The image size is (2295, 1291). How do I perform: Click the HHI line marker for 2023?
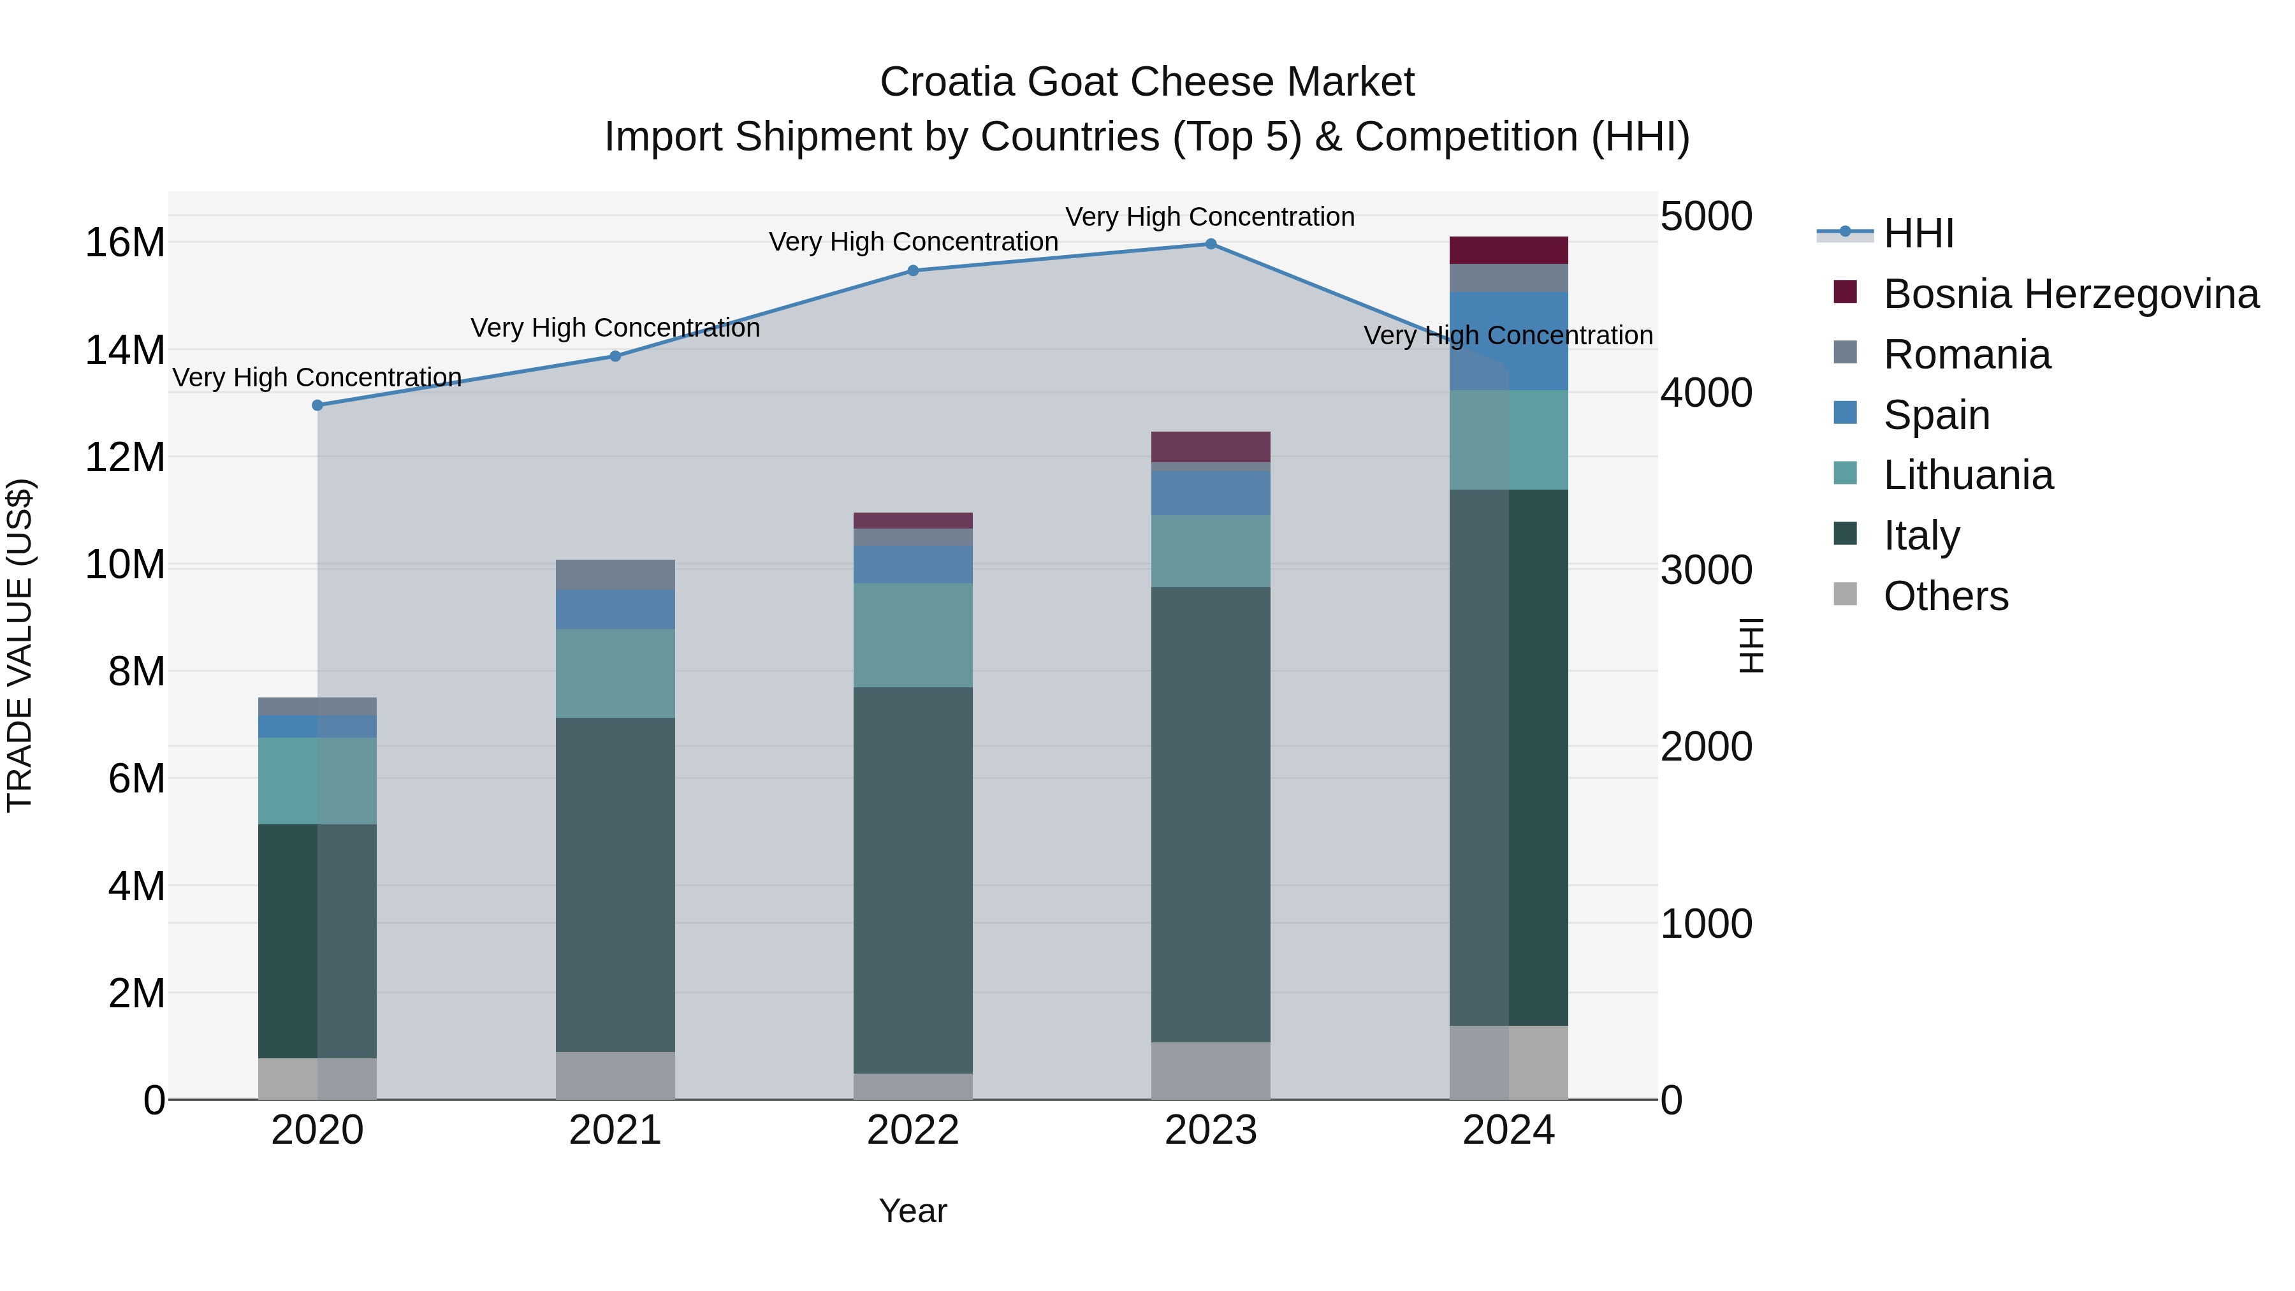coord(1210,244)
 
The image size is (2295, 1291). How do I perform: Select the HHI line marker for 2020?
coord(317,405)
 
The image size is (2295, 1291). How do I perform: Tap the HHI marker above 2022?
coord(912,271)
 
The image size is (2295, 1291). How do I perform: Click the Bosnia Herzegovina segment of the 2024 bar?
coord(1508,251)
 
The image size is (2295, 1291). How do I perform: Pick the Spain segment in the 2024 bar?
coord(1508,341)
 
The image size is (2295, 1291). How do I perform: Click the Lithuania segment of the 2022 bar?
coord(912,635)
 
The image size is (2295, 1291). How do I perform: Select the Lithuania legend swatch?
coord(1845,473)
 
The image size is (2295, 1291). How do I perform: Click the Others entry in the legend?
coord(1946,596)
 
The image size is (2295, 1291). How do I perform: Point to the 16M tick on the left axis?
coord(125,244)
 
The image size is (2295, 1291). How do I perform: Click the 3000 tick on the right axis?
coord(1706,570)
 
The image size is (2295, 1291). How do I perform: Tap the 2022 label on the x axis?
coord(912,1130)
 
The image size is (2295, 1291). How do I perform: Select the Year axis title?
coord(912,1211)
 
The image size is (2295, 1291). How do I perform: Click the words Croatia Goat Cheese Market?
coord(1147,82)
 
